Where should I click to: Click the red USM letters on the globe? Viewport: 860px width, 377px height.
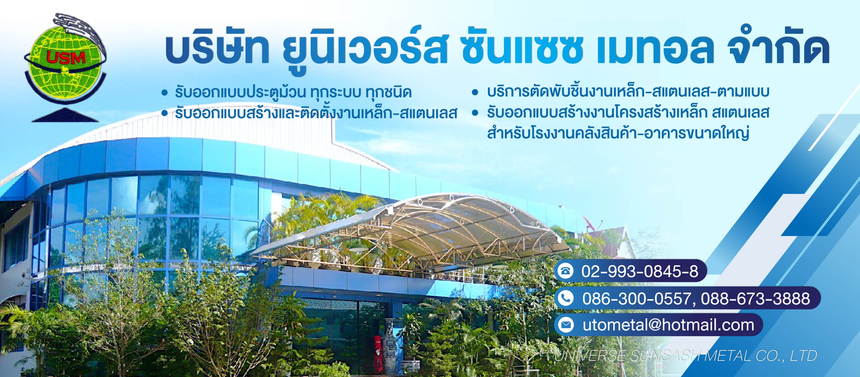coord(66,58)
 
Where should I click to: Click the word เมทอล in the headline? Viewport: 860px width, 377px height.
coord(654,50)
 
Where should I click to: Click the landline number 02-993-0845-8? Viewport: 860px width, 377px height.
coord(640,271)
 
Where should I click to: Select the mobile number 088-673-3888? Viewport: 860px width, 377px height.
coord(755,298)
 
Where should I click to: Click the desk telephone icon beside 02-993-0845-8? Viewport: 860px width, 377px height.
coord(566,271)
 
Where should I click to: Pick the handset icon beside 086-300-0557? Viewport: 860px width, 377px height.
coord(566,298)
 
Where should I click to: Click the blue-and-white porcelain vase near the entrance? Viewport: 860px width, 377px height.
coord(389,343)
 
